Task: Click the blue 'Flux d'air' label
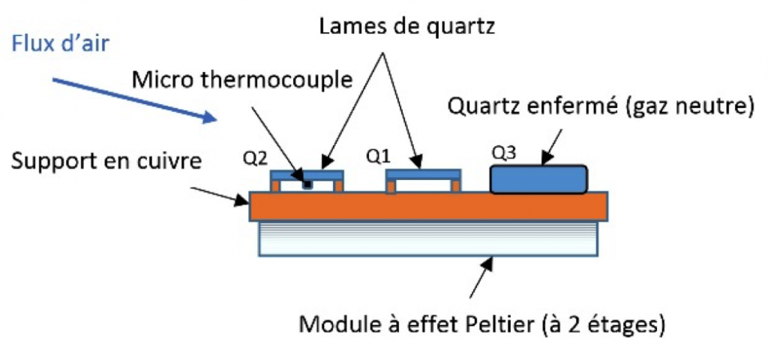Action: (60, 44)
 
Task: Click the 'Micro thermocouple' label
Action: (241, 79)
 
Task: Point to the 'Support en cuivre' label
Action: (106, 160)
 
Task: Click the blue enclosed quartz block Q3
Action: (538, 179)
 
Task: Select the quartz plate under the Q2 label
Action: (307, 174)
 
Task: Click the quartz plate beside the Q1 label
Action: (424, 174)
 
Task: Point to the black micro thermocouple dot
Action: (307, 185)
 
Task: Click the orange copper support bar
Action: (428, 206)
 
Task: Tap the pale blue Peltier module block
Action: (427, 238)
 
